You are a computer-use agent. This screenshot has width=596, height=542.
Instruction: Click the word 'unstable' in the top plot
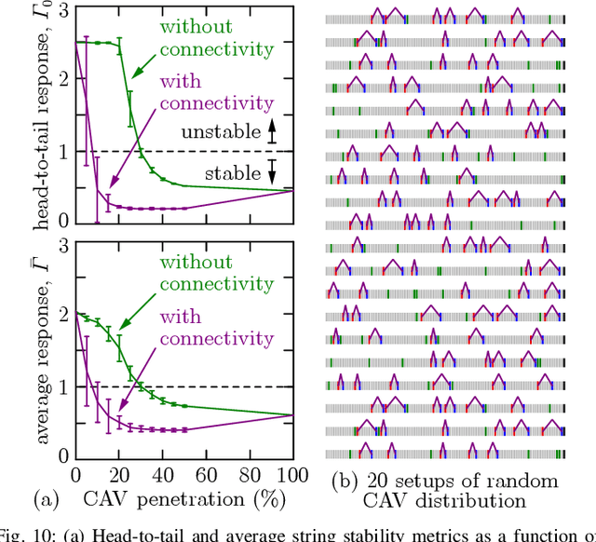(222, 132)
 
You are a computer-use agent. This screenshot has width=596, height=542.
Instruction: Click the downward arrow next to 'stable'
(271, 171)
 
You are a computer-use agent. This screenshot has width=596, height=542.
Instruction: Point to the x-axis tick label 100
(292, 474)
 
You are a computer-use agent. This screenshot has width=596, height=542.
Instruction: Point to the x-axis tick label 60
(193, 474)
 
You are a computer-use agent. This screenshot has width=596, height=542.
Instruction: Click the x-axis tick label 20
(91, 474)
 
